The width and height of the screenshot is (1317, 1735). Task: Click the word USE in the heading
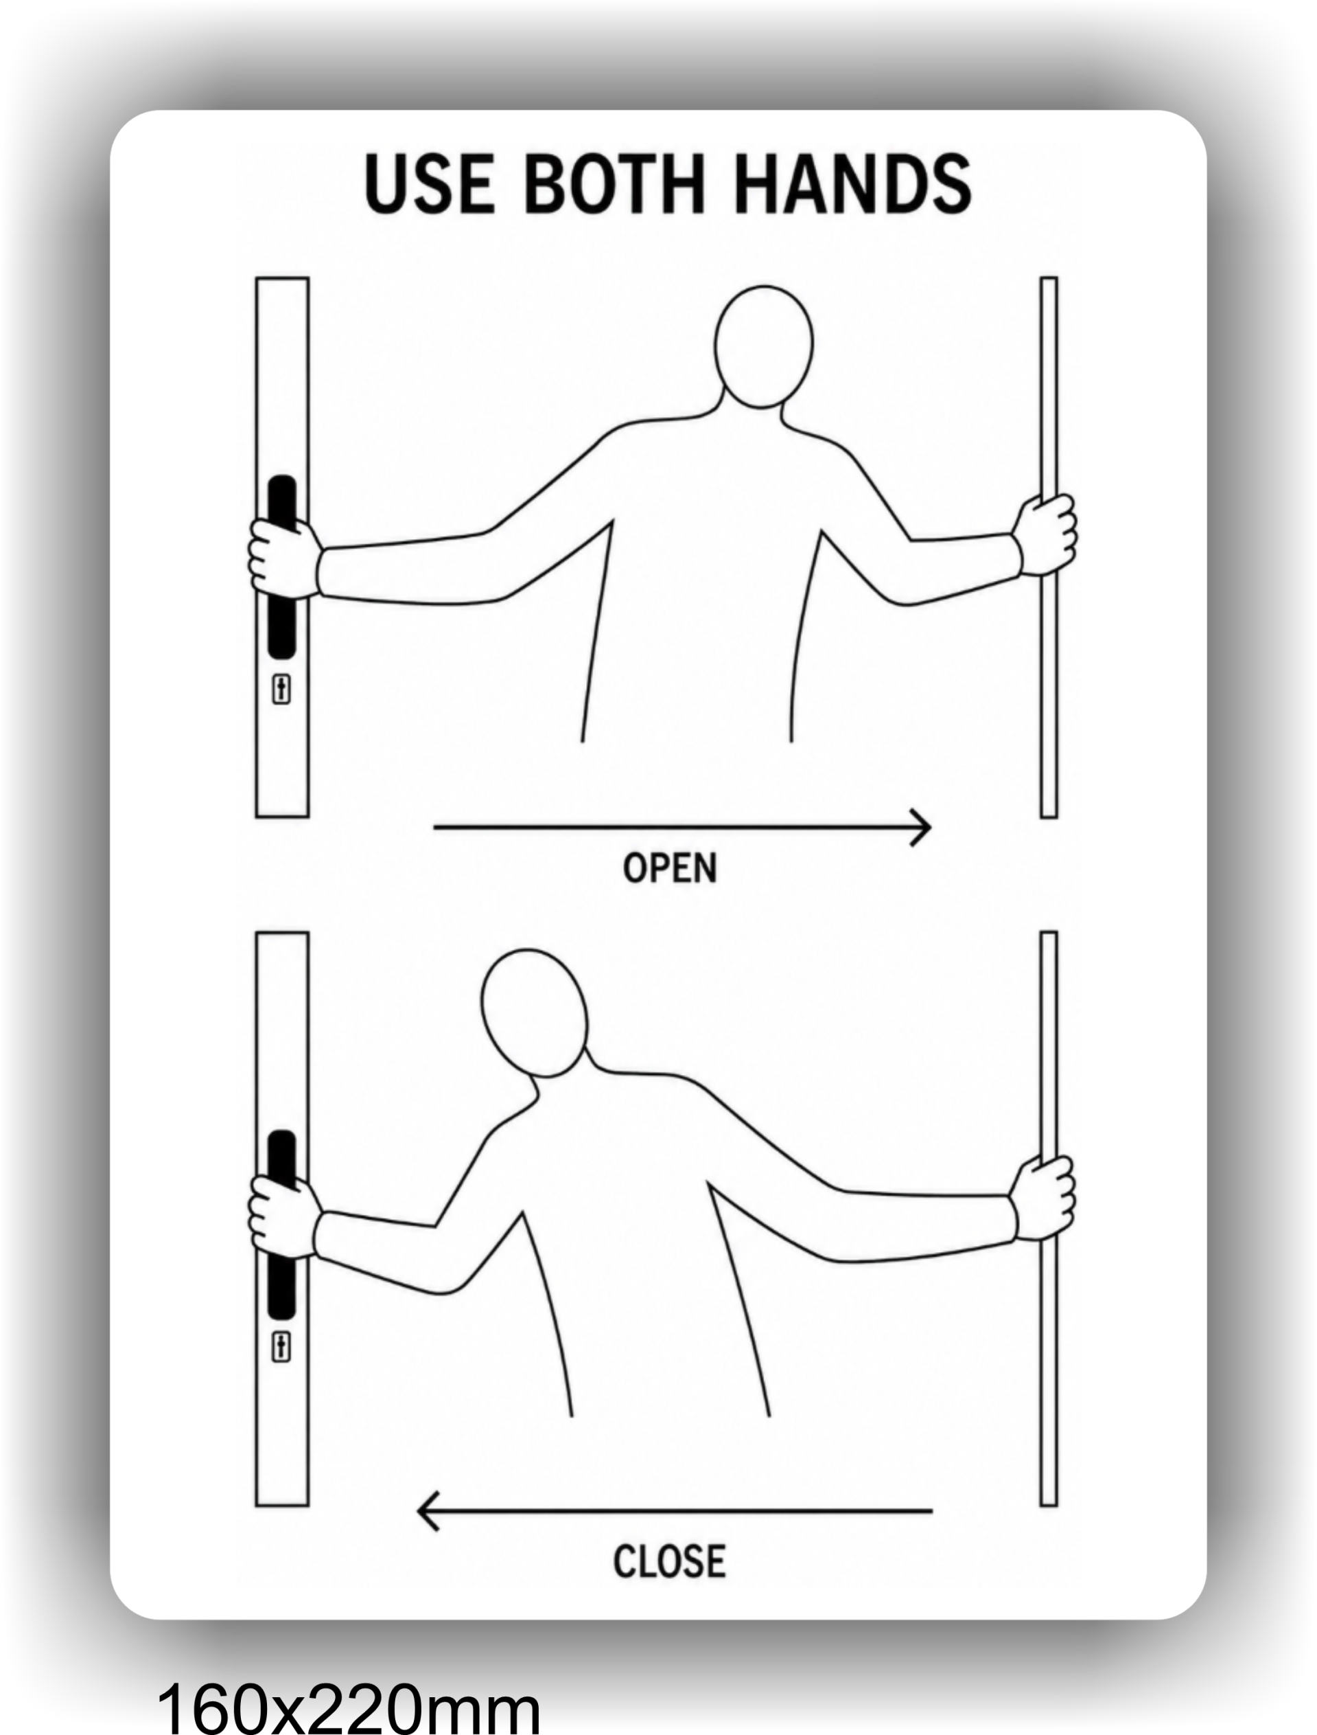(x=430, y=183)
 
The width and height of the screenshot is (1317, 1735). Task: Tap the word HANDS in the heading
(x=853, y=183)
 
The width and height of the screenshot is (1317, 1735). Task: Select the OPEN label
(x=671, y=868)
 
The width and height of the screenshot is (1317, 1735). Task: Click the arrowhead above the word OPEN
(x=921, y=828)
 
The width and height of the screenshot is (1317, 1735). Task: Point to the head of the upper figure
(x=764, y=347)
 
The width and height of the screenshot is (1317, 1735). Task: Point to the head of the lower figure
(x=534, y=1013)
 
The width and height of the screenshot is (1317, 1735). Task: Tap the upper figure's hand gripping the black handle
(x=283, y=558)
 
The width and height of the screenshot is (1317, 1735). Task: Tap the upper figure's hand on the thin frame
(x=1045, y=534)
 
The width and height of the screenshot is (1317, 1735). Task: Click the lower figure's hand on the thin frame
(x=1043, y=1198)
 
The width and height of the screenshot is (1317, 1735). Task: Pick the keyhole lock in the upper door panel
(x=281, y=690)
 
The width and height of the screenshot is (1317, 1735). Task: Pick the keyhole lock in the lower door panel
(x=281, y=1347)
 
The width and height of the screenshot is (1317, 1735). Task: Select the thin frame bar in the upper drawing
(x=1049, y=547)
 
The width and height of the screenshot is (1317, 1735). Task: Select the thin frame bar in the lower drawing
(x=1049, y=1219)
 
